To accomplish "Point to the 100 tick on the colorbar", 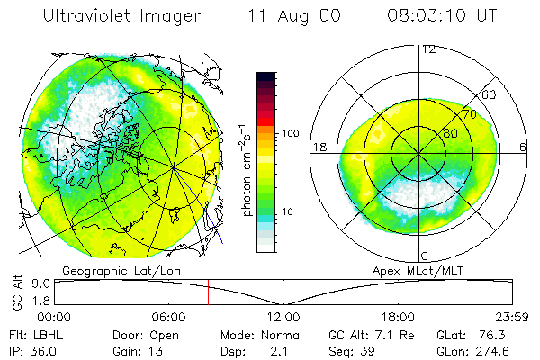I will (290, 133).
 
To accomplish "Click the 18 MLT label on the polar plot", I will (317, 147).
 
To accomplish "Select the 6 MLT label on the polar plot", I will (523, 147).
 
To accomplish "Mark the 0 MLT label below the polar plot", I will (425, 256).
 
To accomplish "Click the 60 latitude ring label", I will (490, 94).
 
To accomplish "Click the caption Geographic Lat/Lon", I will (113, 270).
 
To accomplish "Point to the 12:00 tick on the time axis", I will (283, 317).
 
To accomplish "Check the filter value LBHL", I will (46, 335).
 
